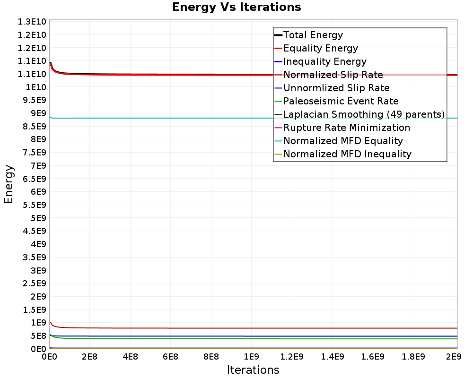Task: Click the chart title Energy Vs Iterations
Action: [x=236, y=7]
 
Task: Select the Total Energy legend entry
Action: [x=313, y=35]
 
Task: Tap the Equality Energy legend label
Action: [x=320, y=48]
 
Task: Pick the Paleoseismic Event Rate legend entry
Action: [x=341, y=101]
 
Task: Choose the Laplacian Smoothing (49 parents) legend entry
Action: [x=363, y=114]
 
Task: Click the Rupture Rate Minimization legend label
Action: [x=346, y=128]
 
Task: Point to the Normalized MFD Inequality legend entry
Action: [x=347, y=154]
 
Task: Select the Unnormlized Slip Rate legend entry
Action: [x=336, y=88]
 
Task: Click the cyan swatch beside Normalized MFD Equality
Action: [x=278, y=141]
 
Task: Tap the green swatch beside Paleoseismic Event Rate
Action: [x=278, y=101]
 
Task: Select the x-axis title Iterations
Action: [x=253, y=369]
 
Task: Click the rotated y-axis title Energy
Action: [x=9, y=184]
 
